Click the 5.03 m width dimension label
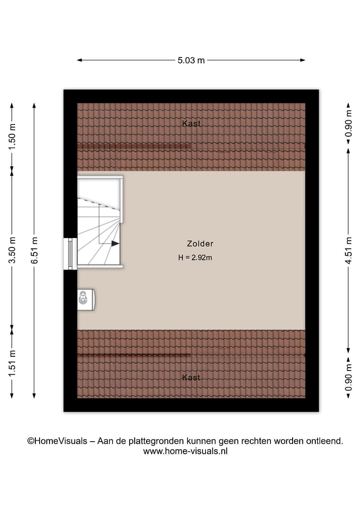coord(191,60)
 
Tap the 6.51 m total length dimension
coord(34,250)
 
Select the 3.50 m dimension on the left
coord(12,250)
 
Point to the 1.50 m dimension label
coord(12,137)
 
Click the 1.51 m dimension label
coord(12,363)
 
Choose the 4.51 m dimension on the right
coord(348,250)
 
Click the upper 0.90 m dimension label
coord(348,123)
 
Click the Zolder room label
coord(200,244)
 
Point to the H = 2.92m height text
coord(195,258)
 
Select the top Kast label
coord(191,123)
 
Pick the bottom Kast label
coord(191,377)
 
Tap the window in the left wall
coord(70,254)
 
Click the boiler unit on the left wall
coord(86,300)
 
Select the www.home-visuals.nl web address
coord(185,451)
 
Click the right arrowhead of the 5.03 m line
coord(303,60)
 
